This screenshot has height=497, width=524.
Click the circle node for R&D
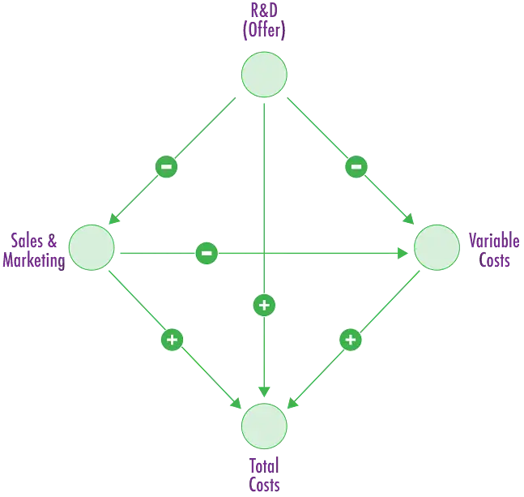(x=264, y=75)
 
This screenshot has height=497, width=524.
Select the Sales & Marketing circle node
(x=92, y=247)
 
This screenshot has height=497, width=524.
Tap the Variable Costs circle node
(x=437, y=247)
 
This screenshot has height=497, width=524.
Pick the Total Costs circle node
(x=264, y=425)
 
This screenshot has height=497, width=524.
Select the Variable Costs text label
(x=492, y=251)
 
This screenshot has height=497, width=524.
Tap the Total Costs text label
(x=264, y=474)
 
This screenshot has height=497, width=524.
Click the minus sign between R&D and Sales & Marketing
(x=166, y=167)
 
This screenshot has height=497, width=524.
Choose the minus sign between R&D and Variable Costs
(x=356, y=167)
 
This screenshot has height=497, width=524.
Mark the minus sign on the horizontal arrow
(x=207, y=253)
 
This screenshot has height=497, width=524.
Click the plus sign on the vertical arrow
(x=264, y=306)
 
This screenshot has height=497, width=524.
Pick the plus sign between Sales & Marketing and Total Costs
(x=171, y=339)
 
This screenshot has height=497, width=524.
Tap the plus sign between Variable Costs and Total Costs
(x=350, y=340)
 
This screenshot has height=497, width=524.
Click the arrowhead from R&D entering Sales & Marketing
(x=113, y=220)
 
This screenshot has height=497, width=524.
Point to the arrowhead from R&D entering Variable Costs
(x=410, y=221)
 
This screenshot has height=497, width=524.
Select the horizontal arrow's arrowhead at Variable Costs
(x=404, y=254)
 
